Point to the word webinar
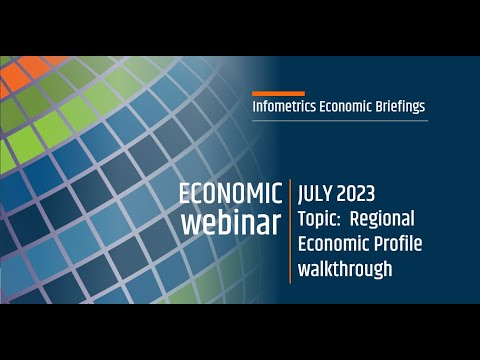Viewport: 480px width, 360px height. (231, 222)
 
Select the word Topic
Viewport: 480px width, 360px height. (320, 217)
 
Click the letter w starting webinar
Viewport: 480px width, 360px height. (190, 223)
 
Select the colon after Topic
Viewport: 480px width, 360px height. (344, 219)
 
